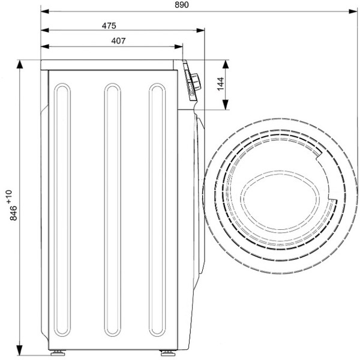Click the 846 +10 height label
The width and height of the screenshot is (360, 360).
coord(8,206)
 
